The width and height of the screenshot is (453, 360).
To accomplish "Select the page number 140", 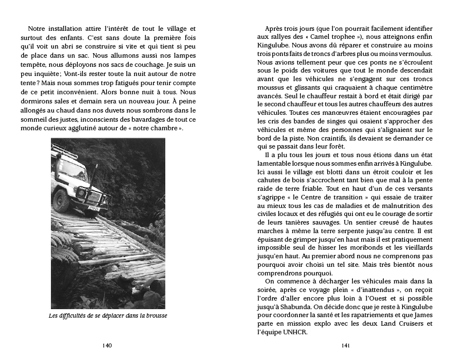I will [x=106, y=345].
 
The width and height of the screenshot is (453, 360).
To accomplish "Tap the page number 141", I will [x=345, y=345].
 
